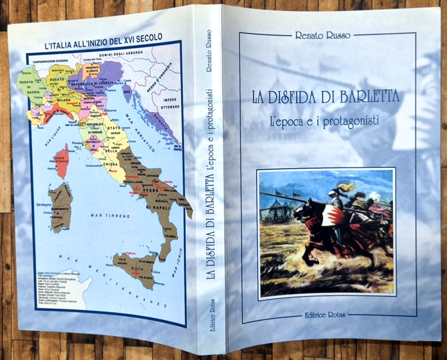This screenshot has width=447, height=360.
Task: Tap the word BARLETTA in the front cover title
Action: pyautogui.click(x=364, y=96)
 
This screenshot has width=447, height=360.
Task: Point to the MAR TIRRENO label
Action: pyautogui.click(x=102, y=215)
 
